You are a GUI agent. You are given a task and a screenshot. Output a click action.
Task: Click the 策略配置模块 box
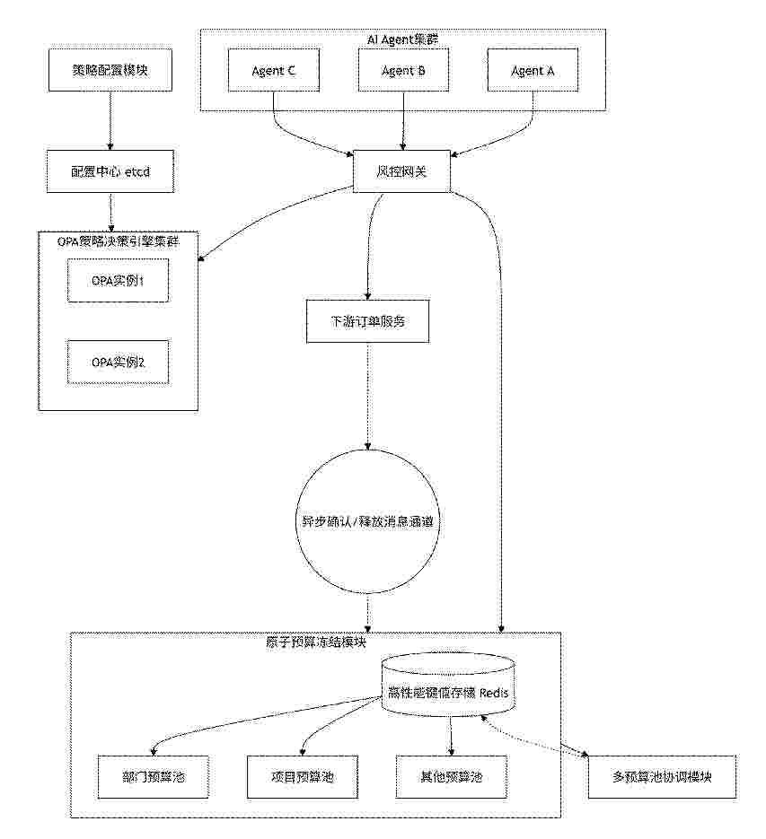[x=110, y=70]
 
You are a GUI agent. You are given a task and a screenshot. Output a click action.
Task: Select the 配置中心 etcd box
[x=110, y=171]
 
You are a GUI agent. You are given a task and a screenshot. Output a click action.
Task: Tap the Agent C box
[x=274, y=70]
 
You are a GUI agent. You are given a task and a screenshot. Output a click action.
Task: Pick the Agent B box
[x=403, y=70]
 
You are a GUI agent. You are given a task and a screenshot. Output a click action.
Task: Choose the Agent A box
[x=533, y=70]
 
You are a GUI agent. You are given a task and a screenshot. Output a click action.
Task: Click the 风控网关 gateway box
[x=401, y=171]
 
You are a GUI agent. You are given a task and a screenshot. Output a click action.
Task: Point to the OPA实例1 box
[x=118, y=280]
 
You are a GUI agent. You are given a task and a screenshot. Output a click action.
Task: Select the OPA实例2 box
[x=118, y=363]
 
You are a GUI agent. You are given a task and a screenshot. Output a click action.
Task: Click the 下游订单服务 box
[x=367, y=321]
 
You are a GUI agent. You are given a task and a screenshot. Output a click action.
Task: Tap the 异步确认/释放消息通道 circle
[x=367, y=521]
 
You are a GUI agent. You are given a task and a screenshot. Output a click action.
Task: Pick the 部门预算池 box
[x=154, y=777]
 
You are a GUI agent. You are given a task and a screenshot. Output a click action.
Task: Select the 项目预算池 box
[x=302, y=777]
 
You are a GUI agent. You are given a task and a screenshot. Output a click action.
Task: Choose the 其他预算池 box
[x=451, y=777]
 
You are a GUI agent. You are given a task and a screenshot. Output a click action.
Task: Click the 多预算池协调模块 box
[x=662, y=777]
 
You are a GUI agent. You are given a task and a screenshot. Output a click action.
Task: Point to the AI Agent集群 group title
[x=403, y=39]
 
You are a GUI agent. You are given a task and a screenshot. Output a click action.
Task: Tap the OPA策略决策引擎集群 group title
[x=119, y=241]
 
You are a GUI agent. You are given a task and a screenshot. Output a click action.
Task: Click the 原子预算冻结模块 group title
[x=316, y=642]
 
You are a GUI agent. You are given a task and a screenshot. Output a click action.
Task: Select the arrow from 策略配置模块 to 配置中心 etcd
[x=110, y=120]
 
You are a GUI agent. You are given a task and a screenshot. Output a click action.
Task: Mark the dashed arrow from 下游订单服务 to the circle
[x=367, y=396]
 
